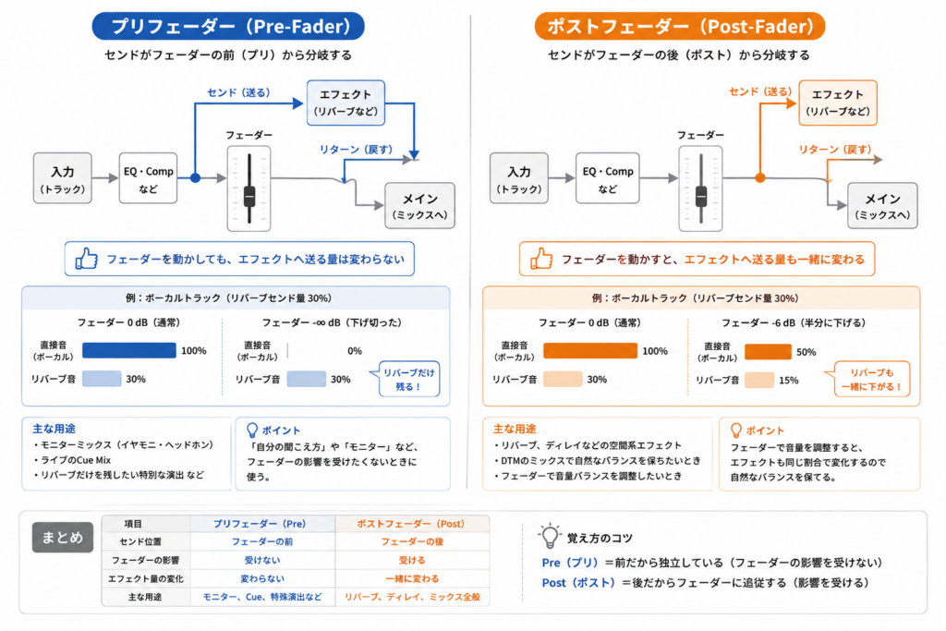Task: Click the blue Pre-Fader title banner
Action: (x=228, y=26)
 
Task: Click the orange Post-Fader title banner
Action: (x=679, y=26)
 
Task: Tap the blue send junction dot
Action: (x=195, y=178)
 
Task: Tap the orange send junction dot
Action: (x=760, y=178)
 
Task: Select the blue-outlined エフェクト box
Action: (x=346, y=103)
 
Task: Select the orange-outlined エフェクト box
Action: (x=838, y=103)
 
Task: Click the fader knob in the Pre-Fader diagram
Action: (x=249, y=196)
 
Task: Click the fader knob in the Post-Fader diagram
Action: (x=700, y=196)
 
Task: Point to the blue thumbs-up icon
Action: (x=86, y=259)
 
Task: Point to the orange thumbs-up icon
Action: (x=541, y=259)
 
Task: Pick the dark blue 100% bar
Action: (x=129, y=350)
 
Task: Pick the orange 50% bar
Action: (x=768, y=352)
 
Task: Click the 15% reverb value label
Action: (x=789, y=380)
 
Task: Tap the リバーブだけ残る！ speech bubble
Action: (x=408, y=380)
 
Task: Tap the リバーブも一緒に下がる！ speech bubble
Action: (x=870, y=380)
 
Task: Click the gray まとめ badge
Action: (x=63, y=537)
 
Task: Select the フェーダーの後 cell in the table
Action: (x=412, y=541)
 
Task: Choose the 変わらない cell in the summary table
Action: (x=262, y=578)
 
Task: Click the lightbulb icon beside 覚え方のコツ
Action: (x=549, y=536)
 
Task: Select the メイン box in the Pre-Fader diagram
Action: (x=420, y=206)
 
